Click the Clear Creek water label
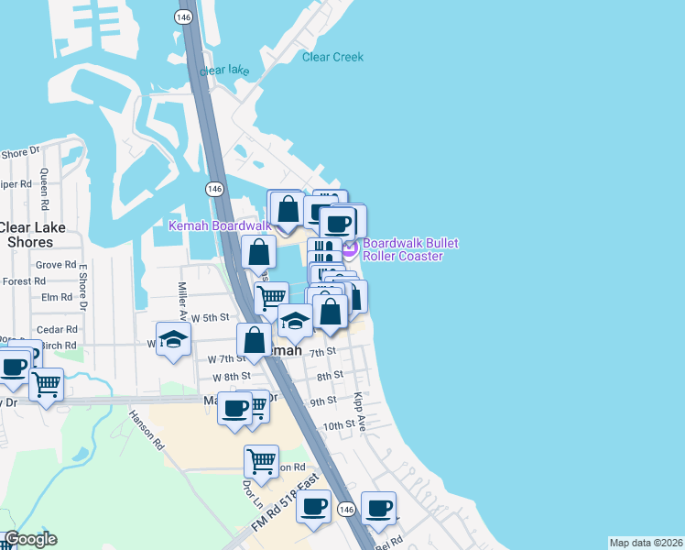coord(332,57)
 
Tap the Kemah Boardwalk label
coord(219,225)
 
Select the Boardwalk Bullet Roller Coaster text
coord(409,249)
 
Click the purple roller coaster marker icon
coord(349,247)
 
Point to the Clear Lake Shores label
coord(27,235)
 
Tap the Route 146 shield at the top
coord(185,16)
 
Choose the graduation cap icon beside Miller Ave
coord(172,340)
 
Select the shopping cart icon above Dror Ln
coord(262,461)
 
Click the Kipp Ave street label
coord(361,414)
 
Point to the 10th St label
coord(338,425)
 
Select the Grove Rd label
coord(56,265)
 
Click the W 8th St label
coord(231,377)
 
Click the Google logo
coord(30,539)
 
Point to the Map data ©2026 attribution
coord(646,543)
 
